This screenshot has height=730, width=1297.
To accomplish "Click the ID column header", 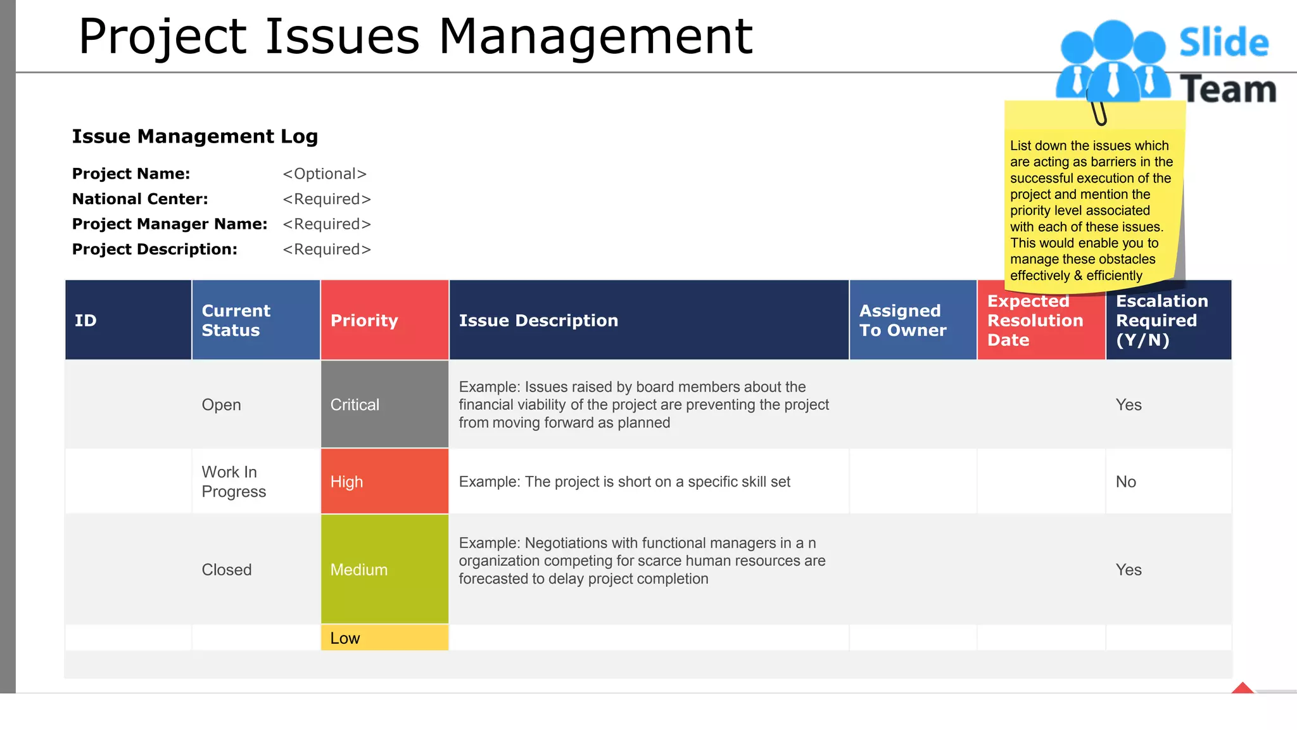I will tap(128, 320).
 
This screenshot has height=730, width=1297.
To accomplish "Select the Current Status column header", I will tap(255, 320).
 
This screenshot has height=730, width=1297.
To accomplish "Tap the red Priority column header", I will tap(384, 320).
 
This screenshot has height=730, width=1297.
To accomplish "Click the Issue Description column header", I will tap(648, 320).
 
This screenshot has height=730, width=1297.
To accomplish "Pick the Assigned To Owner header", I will tap(912, 320).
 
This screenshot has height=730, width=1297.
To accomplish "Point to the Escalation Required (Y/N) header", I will tap(1168, 320).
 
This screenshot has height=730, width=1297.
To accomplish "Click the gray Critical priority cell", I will tap(384, 404).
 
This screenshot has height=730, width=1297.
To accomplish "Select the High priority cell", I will tap(384, 482).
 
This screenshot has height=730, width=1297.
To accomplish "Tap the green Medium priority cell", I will tap(384, 569).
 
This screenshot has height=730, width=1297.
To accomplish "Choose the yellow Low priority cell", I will tap(384, 637).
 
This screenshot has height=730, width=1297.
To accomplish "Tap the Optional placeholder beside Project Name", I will tap(325, 174).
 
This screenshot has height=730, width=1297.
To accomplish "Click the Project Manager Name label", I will tap(170, 224).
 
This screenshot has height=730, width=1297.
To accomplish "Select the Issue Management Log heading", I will tap(195, 136).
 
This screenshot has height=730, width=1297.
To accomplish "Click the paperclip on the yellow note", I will tap(1099, 111).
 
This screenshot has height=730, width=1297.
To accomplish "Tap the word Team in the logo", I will tap(1228, 89).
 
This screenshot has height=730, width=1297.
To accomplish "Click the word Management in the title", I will tap(595, 36).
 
